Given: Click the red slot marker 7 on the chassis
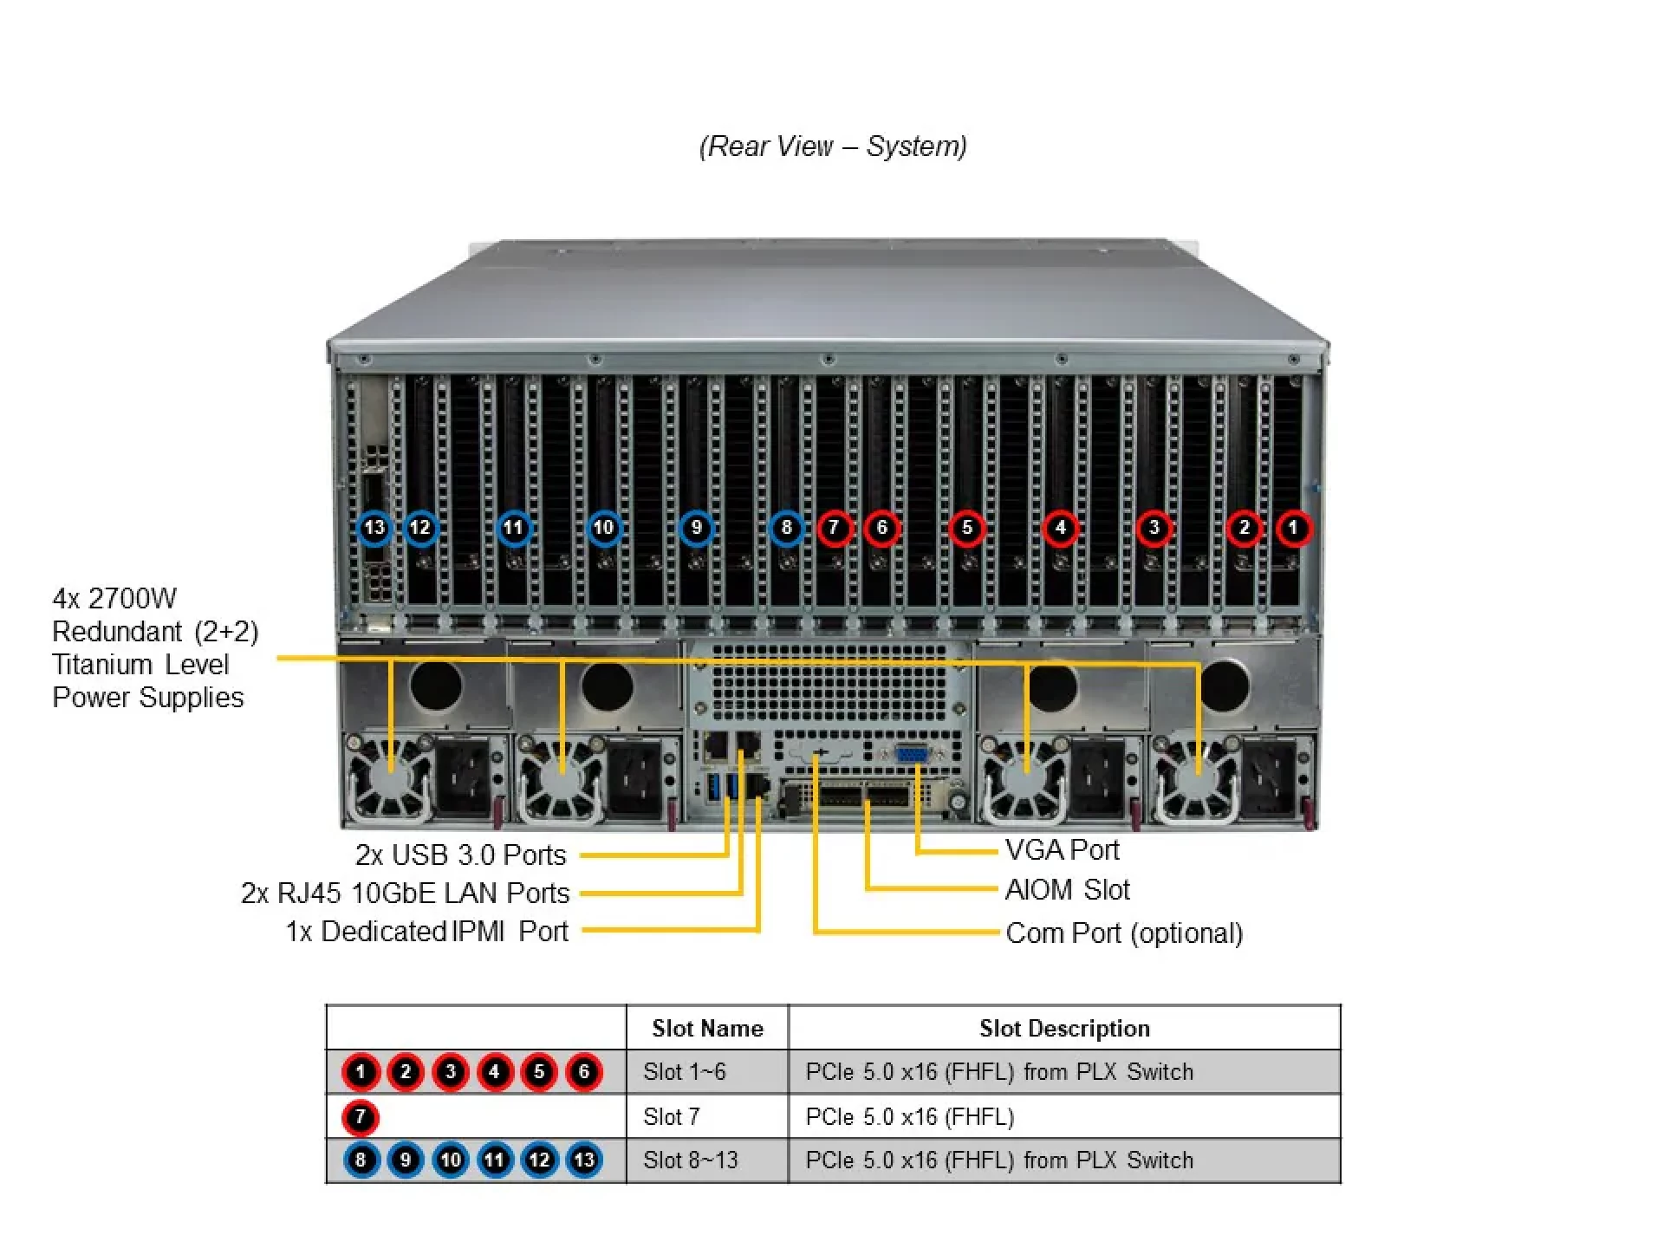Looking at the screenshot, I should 834,528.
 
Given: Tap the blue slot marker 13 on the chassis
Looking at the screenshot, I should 374,528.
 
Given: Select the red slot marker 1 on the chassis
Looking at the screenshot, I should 1293,528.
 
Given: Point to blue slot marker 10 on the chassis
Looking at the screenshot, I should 604,528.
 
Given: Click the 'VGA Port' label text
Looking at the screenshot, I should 1062,850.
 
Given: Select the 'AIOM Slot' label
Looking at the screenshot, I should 1067,890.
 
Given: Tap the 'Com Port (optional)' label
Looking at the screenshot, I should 1124,933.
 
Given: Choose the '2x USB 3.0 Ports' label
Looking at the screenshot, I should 460,855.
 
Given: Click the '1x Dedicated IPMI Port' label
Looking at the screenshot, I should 426,932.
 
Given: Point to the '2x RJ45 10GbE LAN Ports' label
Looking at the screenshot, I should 405,894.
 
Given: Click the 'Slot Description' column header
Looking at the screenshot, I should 1064,1029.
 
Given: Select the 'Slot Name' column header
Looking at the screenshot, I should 707,1029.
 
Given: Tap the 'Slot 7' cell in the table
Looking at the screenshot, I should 671,1117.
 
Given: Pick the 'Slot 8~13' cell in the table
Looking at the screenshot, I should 690,1160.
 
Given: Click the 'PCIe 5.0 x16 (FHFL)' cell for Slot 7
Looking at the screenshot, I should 909,1117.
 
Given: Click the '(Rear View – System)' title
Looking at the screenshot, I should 833,146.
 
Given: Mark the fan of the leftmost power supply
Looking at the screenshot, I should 389,777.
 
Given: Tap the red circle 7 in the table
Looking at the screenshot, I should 361,1117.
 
